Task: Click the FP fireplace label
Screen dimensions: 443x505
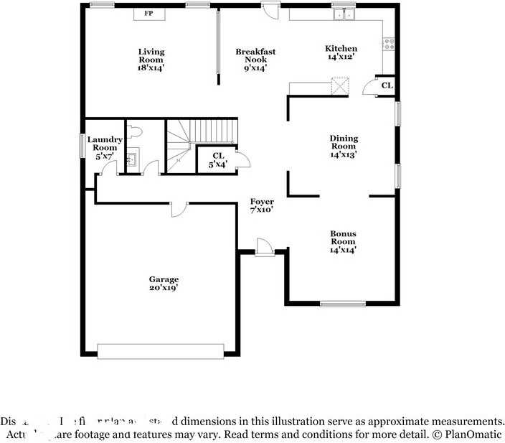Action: click(x=148, y=14)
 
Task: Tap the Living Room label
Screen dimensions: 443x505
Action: click(x=151, y=60)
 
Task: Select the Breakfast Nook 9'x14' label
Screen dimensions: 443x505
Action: click(x=255, y=60)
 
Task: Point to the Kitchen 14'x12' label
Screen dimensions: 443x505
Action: click(x=341, y=52)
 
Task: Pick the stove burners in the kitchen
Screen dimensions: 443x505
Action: click(x=390, y=45)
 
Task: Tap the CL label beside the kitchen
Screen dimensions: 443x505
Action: click(x=387, y=85)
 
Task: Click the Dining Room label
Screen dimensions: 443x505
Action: click(x=344, y=146)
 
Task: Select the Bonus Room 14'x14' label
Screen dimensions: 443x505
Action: click(x=343, y=241)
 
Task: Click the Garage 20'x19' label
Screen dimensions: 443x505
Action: click(x=164, y=283)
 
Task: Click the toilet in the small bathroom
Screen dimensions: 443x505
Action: click(x=137, y=132)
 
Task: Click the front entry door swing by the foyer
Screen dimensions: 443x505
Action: click(x=264, y=248)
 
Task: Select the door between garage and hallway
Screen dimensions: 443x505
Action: click(x=179, y=207)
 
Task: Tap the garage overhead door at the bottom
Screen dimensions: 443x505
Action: click(x=160, y=350)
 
